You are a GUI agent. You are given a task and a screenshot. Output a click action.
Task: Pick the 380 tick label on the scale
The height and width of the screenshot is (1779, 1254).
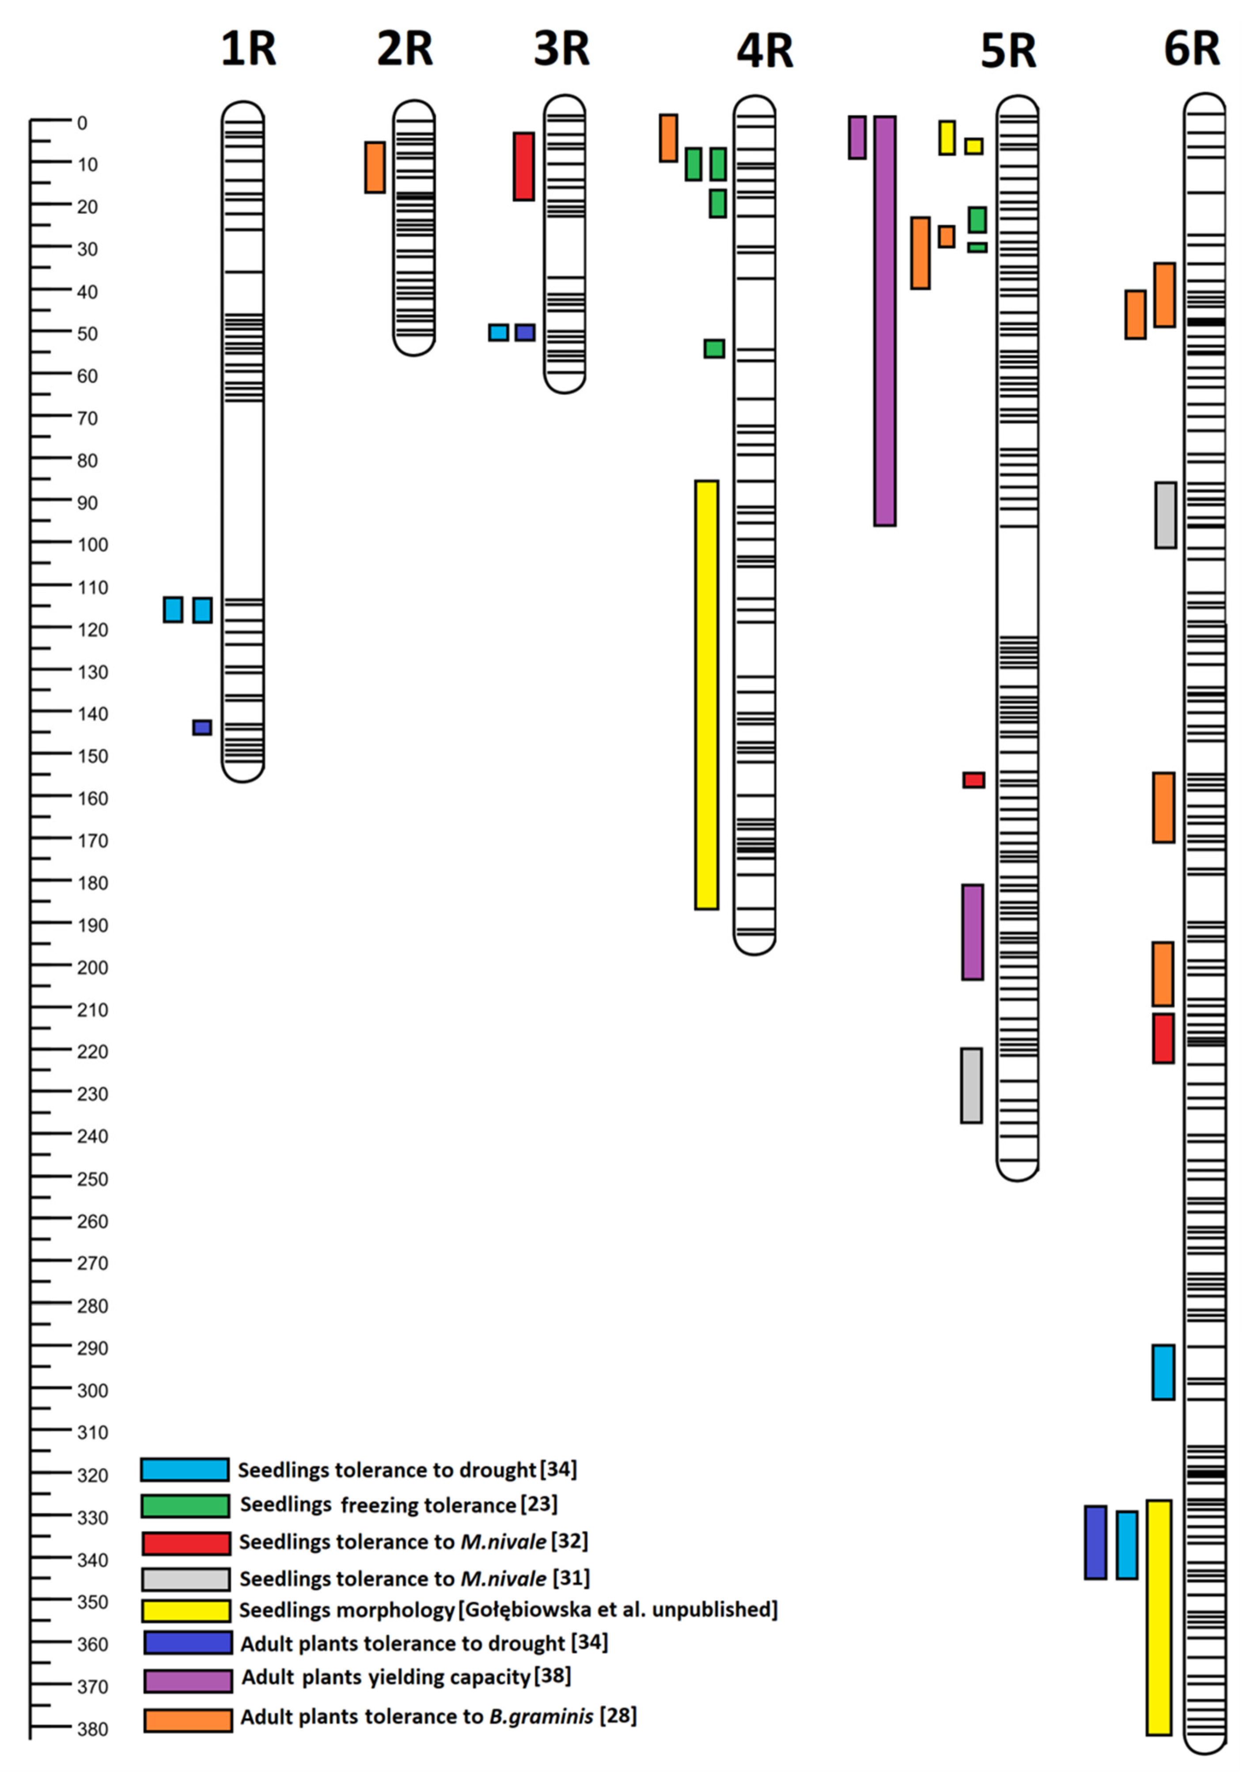93,1730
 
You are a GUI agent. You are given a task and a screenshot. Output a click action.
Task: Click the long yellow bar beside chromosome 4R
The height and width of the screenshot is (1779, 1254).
706,694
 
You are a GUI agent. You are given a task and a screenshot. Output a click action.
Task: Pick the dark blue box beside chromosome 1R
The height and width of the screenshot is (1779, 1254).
202,727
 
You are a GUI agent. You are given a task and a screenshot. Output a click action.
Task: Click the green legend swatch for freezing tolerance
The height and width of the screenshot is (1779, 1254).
185,1506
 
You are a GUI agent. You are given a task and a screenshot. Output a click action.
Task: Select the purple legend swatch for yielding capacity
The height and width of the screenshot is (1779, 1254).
188,1681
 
